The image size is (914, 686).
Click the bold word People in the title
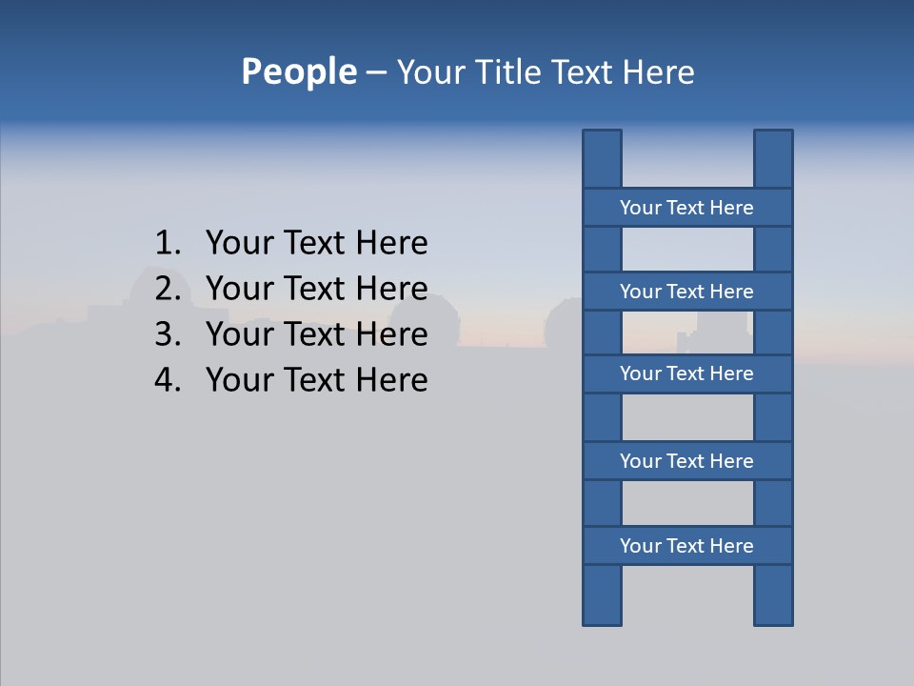(x=298, y=71)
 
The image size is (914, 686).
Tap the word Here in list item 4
(x=391, y=380)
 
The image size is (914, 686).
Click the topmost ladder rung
(x=686, y=208)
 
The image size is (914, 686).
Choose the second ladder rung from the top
(x=686, y=292)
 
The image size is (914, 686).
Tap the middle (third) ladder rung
(x=686, y=373)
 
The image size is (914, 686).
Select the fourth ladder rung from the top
(x=686, y=461)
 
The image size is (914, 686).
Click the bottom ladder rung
(x=686, y=546)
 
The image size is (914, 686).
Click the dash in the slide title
(x=375, y=72)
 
